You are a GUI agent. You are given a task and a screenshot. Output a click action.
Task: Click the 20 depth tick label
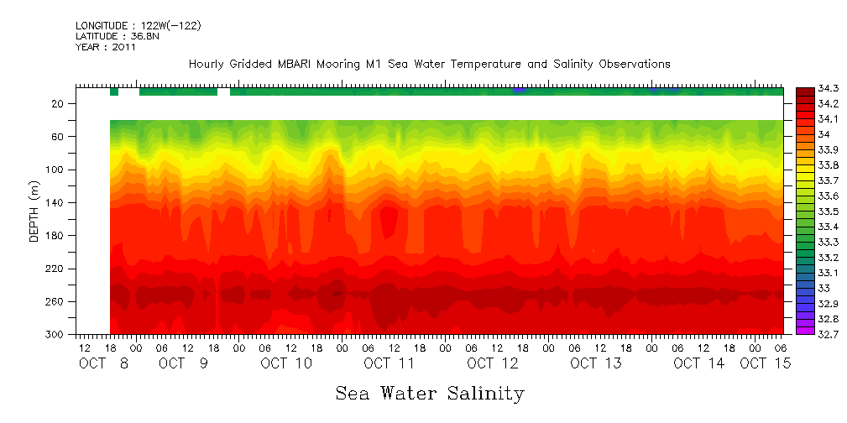tap(59, 104)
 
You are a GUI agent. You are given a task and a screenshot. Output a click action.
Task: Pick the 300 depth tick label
tap(55, 335)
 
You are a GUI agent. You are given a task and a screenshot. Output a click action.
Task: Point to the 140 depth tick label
tap(55, 203)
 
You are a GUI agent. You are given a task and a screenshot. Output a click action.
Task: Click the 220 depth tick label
tap(55, 269)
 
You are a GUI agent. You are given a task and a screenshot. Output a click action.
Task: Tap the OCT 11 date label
tap(390, 363)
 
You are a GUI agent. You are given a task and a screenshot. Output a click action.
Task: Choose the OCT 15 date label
tap(765, 363)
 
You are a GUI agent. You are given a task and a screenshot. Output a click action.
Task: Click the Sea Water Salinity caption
tap(430, 394)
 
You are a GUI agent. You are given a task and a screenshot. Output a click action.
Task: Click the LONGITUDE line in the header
tap(138, 26)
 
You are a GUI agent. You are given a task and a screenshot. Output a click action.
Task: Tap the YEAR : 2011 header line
tap(106, 47)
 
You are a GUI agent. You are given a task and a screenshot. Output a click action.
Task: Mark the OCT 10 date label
tap(286, 363)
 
